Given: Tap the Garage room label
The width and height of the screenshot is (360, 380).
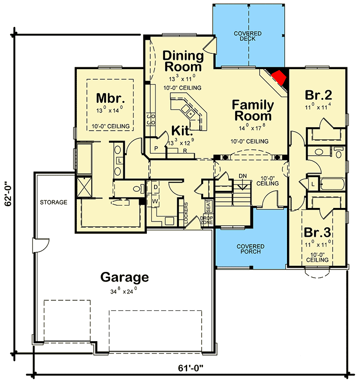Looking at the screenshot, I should [x=124, y=277].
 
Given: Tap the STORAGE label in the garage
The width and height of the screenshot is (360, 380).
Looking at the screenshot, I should [x=54, y=202].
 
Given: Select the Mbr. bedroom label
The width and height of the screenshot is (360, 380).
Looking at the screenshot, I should [x=110, y=98].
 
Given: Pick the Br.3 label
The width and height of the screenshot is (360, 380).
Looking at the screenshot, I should [x=317, y=233].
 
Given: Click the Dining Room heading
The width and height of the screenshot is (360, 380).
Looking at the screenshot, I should [x=183, y=61].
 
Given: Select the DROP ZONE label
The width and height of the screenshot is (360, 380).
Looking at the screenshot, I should [x=206, y=221].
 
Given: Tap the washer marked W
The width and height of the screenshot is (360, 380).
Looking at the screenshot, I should [x=156, y=199].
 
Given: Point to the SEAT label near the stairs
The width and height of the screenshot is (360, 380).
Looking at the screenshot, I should [x=208, y=206].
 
